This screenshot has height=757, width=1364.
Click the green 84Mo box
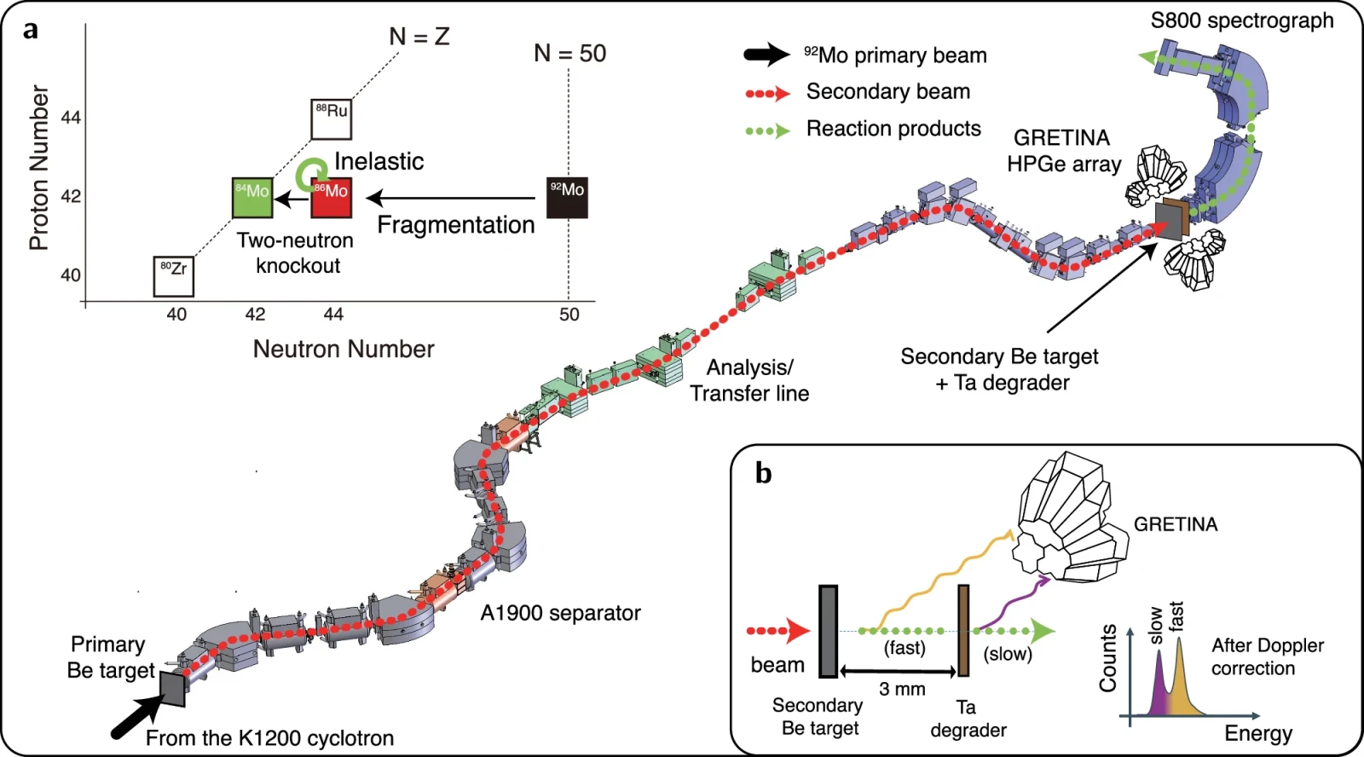(252, 197)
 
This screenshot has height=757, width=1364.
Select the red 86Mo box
(332, 197)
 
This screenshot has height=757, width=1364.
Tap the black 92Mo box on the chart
(567, 197)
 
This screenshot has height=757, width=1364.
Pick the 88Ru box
(332, 119)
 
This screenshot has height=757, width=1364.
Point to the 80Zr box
(174, 276)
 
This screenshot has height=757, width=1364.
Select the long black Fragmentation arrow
(450, 198)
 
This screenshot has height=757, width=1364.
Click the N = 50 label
(570, 54)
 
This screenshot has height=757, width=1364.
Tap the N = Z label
(419, 38)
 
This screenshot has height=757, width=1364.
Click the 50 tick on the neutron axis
(569, 315)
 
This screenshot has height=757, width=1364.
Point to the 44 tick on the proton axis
(72, 117)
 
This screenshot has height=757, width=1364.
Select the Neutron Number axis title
(344, 349)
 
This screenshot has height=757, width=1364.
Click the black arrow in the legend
(767, 55)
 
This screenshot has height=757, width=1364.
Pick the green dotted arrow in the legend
(768, 130)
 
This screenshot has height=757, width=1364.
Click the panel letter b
(764, 472)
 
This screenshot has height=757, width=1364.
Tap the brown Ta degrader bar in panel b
(963, 630)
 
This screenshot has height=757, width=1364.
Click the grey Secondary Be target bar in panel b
(828, 631)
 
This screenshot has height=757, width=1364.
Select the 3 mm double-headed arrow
(899, 672)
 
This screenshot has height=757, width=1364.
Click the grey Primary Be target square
(172, 689)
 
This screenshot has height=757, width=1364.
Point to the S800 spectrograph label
(1241, 20)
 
